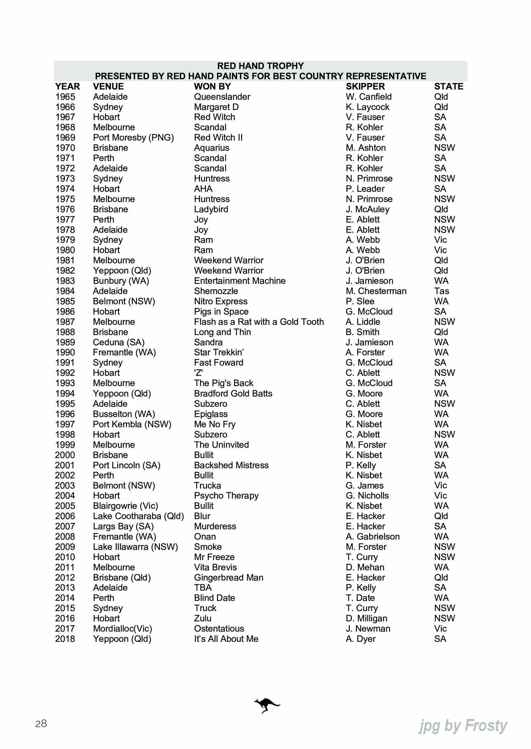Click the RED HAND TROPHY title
[260, 66]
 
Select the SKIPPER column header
[365, 86]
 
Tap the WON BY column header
[212, 86]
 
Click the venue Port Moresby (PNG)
[133, 138]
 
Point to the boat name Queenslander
[222, 97]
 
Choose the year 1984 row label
[65, 291]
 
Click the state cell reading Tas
[441, 291]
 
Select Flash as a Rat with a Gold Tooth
[259, 322]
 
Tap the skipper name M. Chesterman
[376, 291]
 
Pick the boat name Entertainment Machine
[240, 281]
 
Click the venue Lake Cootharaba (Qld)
[138, 516]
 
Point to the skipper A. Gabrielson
[372, 536]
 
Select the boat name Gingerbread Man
[229, 577]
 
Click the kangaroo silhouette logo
[267, 705]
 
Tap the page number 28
[41, 724]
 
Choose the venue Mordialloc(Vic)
[122, 628]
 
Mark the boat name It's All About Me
[226, 639]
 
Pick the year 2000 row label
[65, 455]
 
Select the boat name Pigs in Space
[221, 312]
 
